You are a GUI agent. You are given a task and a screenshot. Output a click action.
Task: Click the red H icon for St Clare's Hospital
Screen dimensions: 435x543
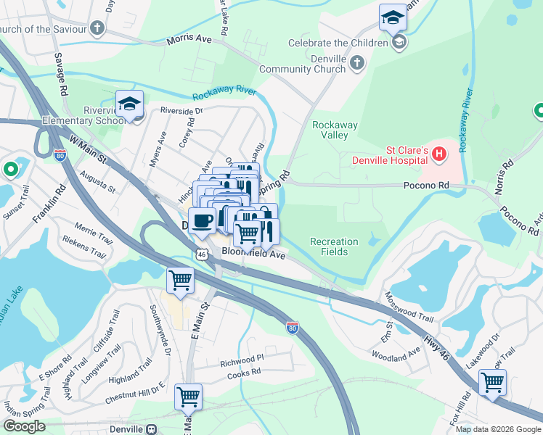(438, 153)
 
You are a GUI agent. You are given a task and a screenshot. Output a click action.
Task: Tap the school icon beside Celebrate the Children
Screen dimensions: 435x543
(398, 43)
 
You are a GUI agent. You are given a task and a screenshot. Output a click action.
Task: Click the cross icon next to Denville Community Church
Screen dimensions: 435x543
(356, 64)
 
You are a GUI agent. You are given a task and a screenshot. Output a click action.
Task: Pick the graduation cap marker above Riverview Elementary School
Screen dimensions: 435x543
(129, 104)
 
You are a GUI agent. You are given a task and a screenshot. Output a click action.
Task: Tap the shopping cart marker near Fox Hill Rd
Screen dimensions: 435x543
(493, 383)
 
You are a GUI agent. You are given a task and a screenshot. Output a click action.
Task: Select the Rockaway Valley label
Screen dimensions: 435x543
(335, 130)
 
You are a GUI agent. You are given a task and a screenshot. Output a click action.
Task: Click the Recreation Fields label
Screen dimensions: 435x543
(334, 246)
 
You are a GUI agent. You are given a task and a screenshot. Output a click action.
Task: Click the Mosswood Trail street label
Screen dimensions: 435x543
(409, 307)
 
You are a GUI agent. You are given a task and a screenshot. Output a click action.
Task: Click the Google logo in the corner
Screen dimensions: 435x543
(24, 426)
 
